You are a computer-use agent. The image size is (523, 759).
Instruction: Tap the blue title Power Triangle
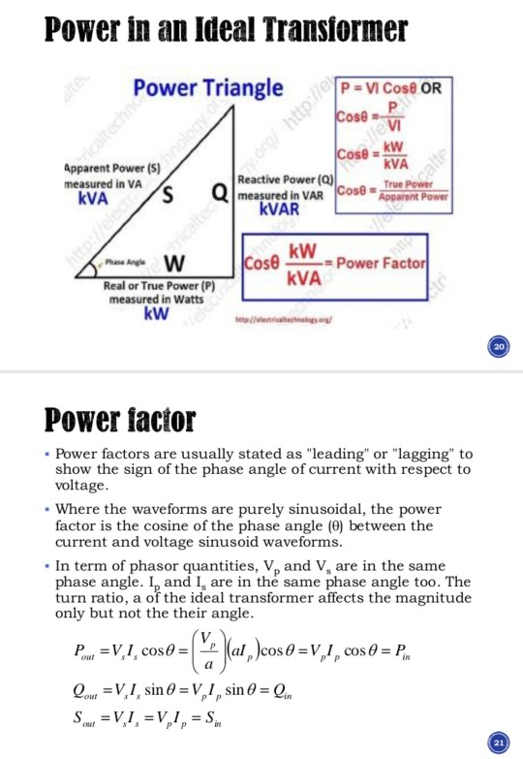click(x=208, y=89)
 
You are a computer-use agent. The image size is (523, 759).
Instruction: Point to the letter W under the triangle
click(x=174, y=264)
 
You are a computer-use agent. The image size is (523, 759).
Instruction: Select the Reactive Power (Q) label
click(x=286, y=181)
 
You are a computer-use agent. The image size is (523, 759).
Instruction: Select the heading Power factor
click(x=121, y=420)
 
